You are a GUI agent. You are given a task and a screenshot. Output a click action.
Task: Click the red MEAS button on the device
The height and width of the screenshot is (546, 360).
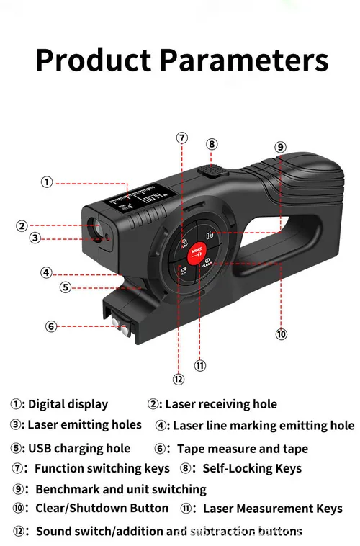tap(197, 253)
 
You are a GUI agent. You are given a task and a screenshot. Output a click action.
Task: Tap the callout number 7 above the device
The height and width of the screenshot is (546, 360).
tap(181, 138)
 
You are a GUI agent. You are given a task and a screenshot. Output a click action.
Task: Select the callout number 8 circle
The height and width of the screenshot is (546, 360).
tap(212, 144)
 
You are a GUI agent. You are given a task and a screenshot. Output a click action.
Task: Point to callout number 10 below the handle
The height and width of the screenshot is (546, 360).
tap(281, 334)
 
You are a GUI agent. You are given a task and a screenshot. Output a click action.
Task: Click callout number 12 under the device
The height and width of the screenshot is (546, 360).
tap(179, 379)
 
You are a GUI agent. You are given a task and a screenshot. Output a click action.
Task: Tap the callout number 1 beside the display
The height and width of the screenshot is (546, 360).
tap(47, 182)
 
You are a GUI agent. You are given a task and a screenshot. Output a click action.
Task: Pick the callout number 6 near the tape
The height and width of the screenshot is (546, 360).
tap(51, 326)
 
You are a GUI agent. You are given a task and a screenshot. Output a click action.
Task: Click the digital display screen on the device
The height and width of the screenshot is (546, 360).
tap(138, 199)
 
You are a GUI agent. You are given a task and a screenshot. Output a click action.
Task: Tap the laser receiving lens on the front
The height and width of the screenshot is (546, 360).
tap(95, 226)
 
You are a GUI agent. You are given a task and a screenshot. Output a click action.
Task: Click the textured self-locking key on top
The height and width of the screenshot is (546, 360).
tap(212, 170)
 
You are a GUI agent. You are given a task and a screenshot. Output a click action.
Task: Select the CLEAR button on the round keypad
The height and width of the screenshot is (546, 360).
tap(207, 263)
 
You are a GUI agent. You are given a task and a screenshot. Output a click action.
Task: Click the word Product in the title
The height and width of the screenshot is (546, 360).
tap(93, 60)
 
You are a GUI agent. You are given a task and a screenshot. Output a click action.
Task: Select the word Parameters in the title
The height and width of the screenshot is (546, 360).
tap(244, 60)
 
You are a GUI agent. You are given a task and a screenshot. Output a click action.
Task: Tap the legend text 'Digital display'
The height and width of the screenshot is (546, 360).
tap(68, 404)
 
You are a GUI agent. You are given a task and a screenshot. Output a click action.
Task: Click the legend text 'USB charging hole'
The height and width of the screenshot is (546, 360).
tap(79, 448)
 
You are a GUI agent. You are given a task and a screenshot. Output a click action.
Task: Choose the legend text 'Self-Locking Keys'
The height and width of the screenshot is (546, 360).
tap(252, 468)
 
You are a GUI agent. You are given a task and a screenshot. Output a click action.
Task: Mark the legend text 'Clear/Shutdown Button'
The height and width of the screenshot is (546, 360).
tap(102, 508)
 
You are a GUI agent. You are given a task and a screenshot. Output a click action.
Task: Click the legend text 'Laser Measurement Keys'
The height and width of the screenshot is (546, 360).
tap(273, 509)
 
